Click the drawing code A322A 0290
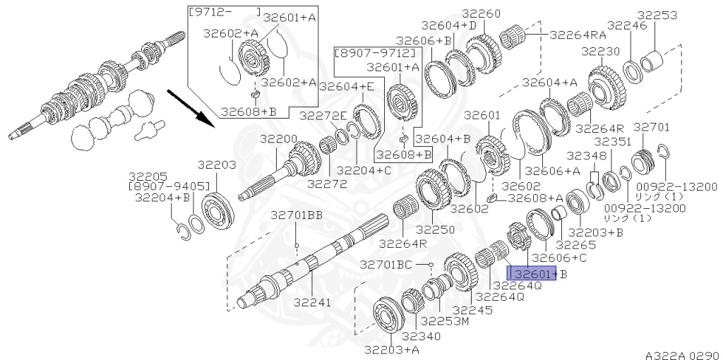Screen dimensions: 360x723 pyautogui.click(x=681, y=355)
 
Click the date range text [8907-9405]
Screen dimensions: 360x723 pyautogui.click(x=169, y=186)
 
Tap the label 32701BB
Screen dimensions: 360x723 pyautogui.click(x=296, y=215)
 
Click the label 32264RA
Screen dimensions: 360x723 pyautogui.click(x=578, y=33)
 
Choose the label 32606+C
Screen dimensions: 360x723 pyautogui.click(x=558, y=258)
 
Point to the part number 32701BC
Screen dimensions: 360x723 pyautogui.click(x=386, y=265)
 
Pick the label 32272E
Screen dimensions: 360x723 pyautogui.click(x=323, y=115)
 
